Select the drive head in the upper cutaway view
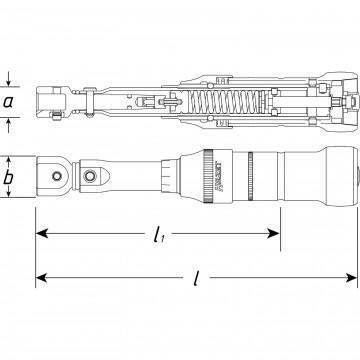[50, 102]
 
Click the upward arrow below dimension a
[10, 124]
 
